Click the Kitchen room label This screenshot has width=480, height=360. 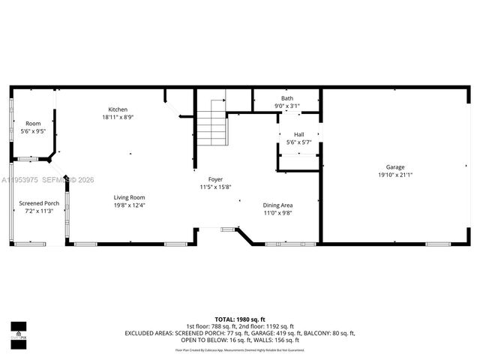pyautogui.click(x=118, y=109)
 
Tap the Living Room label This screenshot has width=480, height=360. pyautogui.click(x=129, y=197)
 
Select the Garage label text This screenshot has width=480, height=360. pyautogui.click(x=395, y=167)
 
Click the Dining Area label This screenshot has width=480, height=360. pyautogui.click(x=277, y=205)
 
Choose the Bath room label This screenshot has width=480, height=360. pyautogui.click(x=287, y=98)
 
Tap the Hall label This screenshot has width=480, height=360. pyautogui.click(x=298, y=135)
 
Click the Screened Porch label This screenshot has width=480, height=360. pyautogui.click(x=39, y=203)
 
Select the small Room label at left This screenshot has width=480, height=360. pyautogui.click(x=33, y=124)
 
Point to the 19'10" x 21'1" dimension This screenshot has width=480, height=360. pyautogui.click(x=395, y=175)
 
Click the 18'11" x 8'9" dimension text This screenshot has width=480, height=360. pyautogui.click(x=118, y=117)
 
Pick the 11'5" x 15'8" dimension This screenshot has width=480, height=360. pyautogui.click(x=215, y=187)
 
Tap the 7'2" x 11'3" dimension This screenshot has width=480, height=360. pyautogui.click(x=39, y=211)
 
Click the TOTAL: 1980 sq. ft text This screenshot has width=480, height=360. pyautogui.click(x=239, y=319)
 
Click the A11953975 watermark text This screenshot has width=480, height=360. pyautogui.click(x=22, y=180)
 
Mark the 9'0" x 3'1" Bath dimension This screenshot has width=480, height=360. pyautogui.click(x=287, y=106)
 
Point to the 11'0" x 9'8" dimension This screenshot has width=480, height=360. pyautogui.click(x=277, y=212)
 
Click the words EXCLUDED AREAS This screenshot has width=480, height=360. pyautogui.click(x=148, y=333)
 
